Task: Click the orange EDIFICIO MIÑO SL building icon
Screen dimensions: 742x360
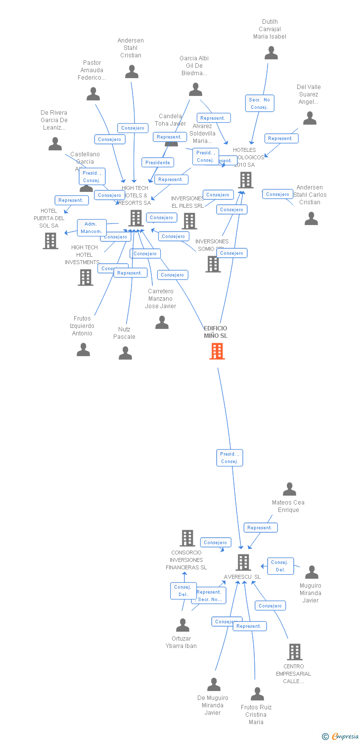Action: pos(217,351)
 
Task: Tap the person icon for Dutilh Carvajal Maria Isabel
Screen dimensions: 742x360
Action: pos(271,52)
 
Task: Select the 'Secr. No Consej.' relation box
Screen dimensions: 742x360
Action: pos(259,103)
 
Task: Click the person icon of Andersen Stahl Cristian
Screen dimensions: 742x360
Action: pos(132,72)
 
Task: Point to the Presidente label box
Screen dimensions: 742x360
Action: pos(158,162)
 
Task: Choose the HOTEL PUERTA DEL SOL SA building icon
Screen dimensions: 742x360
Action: pos(50,240)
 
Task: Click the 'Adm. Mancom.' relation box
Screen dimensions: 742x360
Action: pos(91,228)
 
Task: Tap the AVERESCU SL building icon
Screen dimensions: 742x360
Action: pos(243,562)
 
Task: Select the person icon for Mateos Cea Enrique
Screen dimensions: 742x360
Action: pos(289,489)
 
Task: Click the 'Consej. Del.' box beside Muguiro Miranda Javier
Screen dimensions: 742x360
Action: pos(280,566)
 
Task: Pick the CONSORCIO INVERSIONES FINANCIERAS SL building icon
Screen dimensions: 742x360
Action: pos(187,538)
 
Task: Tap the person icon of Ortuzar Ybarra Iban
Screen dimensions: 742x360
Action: pos(182,625)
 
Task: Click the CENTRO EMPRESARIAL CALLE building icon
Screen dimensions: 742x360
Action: pos(295,652)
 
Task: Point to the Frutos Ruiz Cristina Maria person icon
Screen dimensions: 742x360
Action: pos(257,694)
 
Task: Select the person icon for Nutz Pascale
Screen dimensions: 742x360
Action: pos(125,353)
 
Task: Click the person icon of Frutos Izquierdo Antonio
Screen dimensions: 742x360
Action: pos(83,350)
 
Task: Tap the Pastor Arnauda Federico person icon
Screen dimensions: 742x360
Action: pos(93,94)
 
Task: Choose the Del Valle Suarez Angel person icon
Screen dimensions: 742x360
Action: pos(310,118)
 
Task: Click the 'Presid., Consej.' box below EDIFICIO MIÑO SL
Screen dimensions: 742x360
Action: pos(229,458)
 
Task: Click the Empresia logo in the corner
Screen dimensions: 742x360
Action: pos(341,737)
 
